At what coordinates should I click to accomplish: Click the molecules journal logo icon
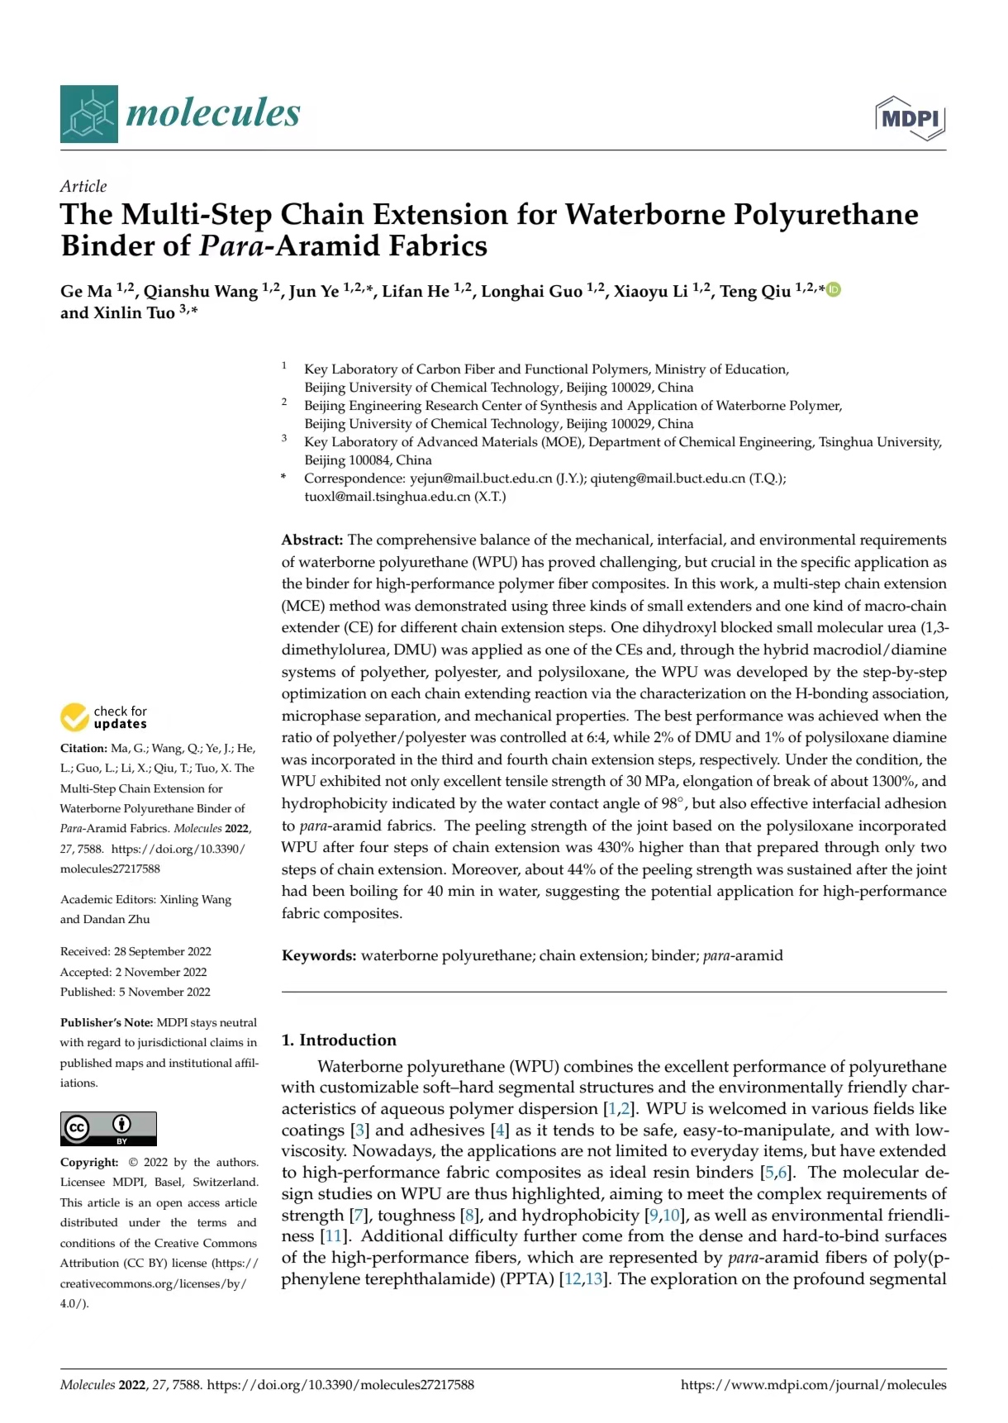click(x=88, y=113)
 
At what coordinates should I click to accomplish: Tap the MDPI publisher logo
click(x=911, y=118)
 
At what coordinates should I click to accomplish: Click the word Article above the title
click(x=83, y=186)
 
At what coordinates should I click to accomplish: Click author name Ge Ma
click(x=86, y=292)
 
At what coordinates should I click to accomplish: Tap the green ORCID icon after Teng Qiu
click(x=834, y=289)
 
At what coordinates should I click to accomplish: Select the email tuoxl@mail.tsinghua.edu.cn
click(x=387, y=497)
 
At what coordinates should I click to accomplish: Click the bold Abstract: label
click(x=311, y=540)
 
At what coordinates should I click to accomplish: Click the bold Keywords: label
click(x=319, y=956)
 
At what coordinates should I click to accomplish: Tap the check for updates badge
click(x=104, y=717)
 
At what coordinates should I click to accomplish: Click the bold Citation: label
click(x=83, y=749)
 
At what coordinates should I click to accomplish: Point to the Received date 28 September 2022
click(x=162, y=952)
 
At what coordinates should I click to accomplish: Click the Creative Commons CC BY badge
click(x=108, y=1129)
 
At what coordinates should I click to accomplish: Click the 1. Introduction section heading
click(x=339, y=1040)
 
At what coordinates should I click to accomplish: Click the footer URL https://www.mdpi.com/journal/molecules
click(x=813, y=1385)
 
